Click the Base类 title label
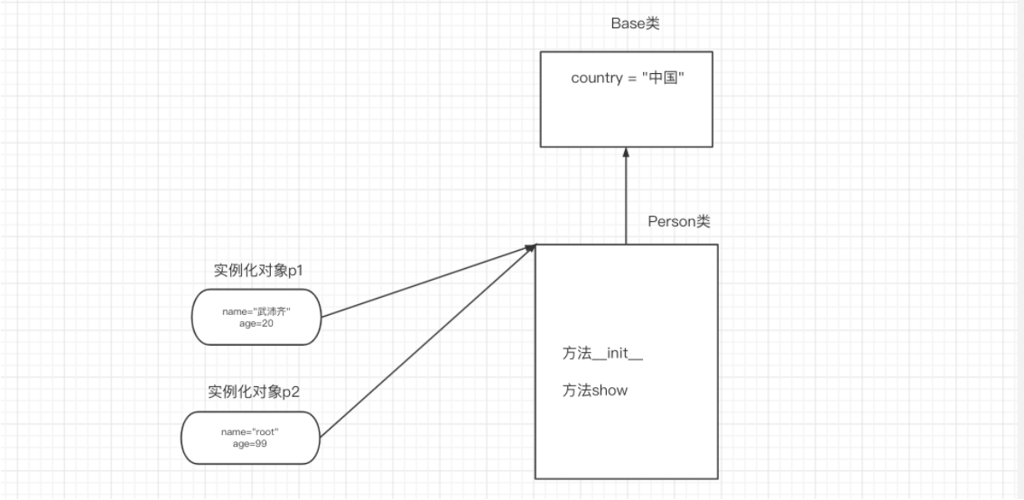pos(635,23)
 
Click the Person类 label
pos(679,222)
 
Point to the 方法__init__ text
pos(602,355)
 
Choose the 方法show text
pos(594,391)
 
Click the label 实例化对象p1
pos(256,272)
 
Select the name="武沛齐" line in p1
pos(256,311)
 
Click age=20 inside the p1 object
pos(256,323)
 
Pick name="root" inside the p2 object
pos(250,431)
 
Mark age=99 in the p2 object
pos(250,443)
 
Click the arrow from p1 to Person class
pos(424,282)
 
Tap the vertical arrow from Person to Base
pos(626,199)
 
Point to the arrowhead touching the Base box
pos(626,154)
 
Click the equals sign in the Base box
pos(630,78)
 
